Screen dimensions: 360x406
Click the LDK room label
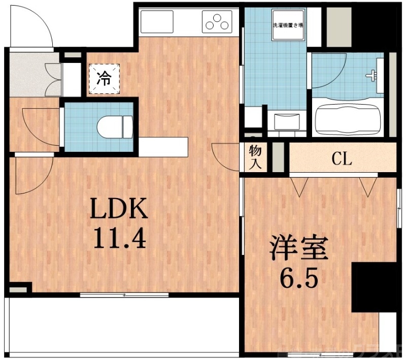(119, 208)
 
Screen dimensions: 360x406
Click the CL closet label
(342, 160)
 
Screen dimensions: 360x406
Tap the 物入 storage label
(255, 157)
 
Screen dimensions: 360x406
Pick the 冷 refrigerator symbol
(104, 78)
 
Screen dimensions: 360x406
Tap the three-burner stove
(217, 22)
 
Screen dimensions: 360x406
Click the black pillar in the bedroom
(374, 287)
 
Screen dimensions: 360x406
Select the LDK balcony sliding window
(124, 294)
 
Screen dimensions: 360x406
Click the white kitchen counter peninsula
(163, 147)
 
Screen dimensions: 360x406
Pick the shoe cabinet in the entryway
(55, 79)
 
